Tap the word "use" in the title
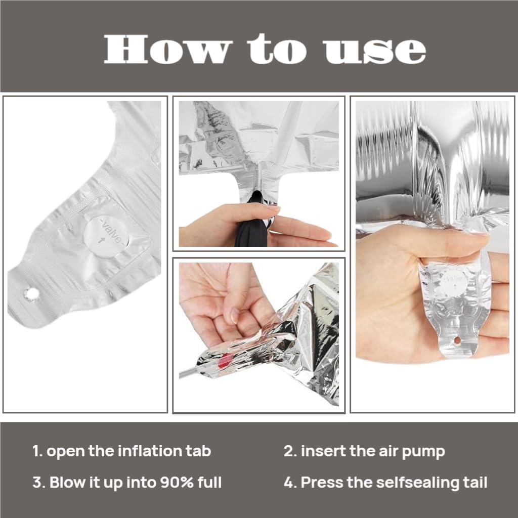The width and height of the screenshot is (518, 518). (375, 51)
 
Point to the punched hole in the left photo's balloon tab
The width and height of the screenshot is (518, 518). (31, 293)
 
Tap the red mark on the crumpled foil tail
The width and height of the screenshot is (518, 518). (225, 360)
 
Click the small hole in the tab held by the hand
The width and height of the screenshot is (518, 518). (457, 340)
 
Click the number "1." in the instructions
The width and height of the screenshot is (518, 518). (37, 451)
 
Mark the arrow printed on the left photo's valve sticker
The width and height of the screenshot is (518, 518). (102, 240)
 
